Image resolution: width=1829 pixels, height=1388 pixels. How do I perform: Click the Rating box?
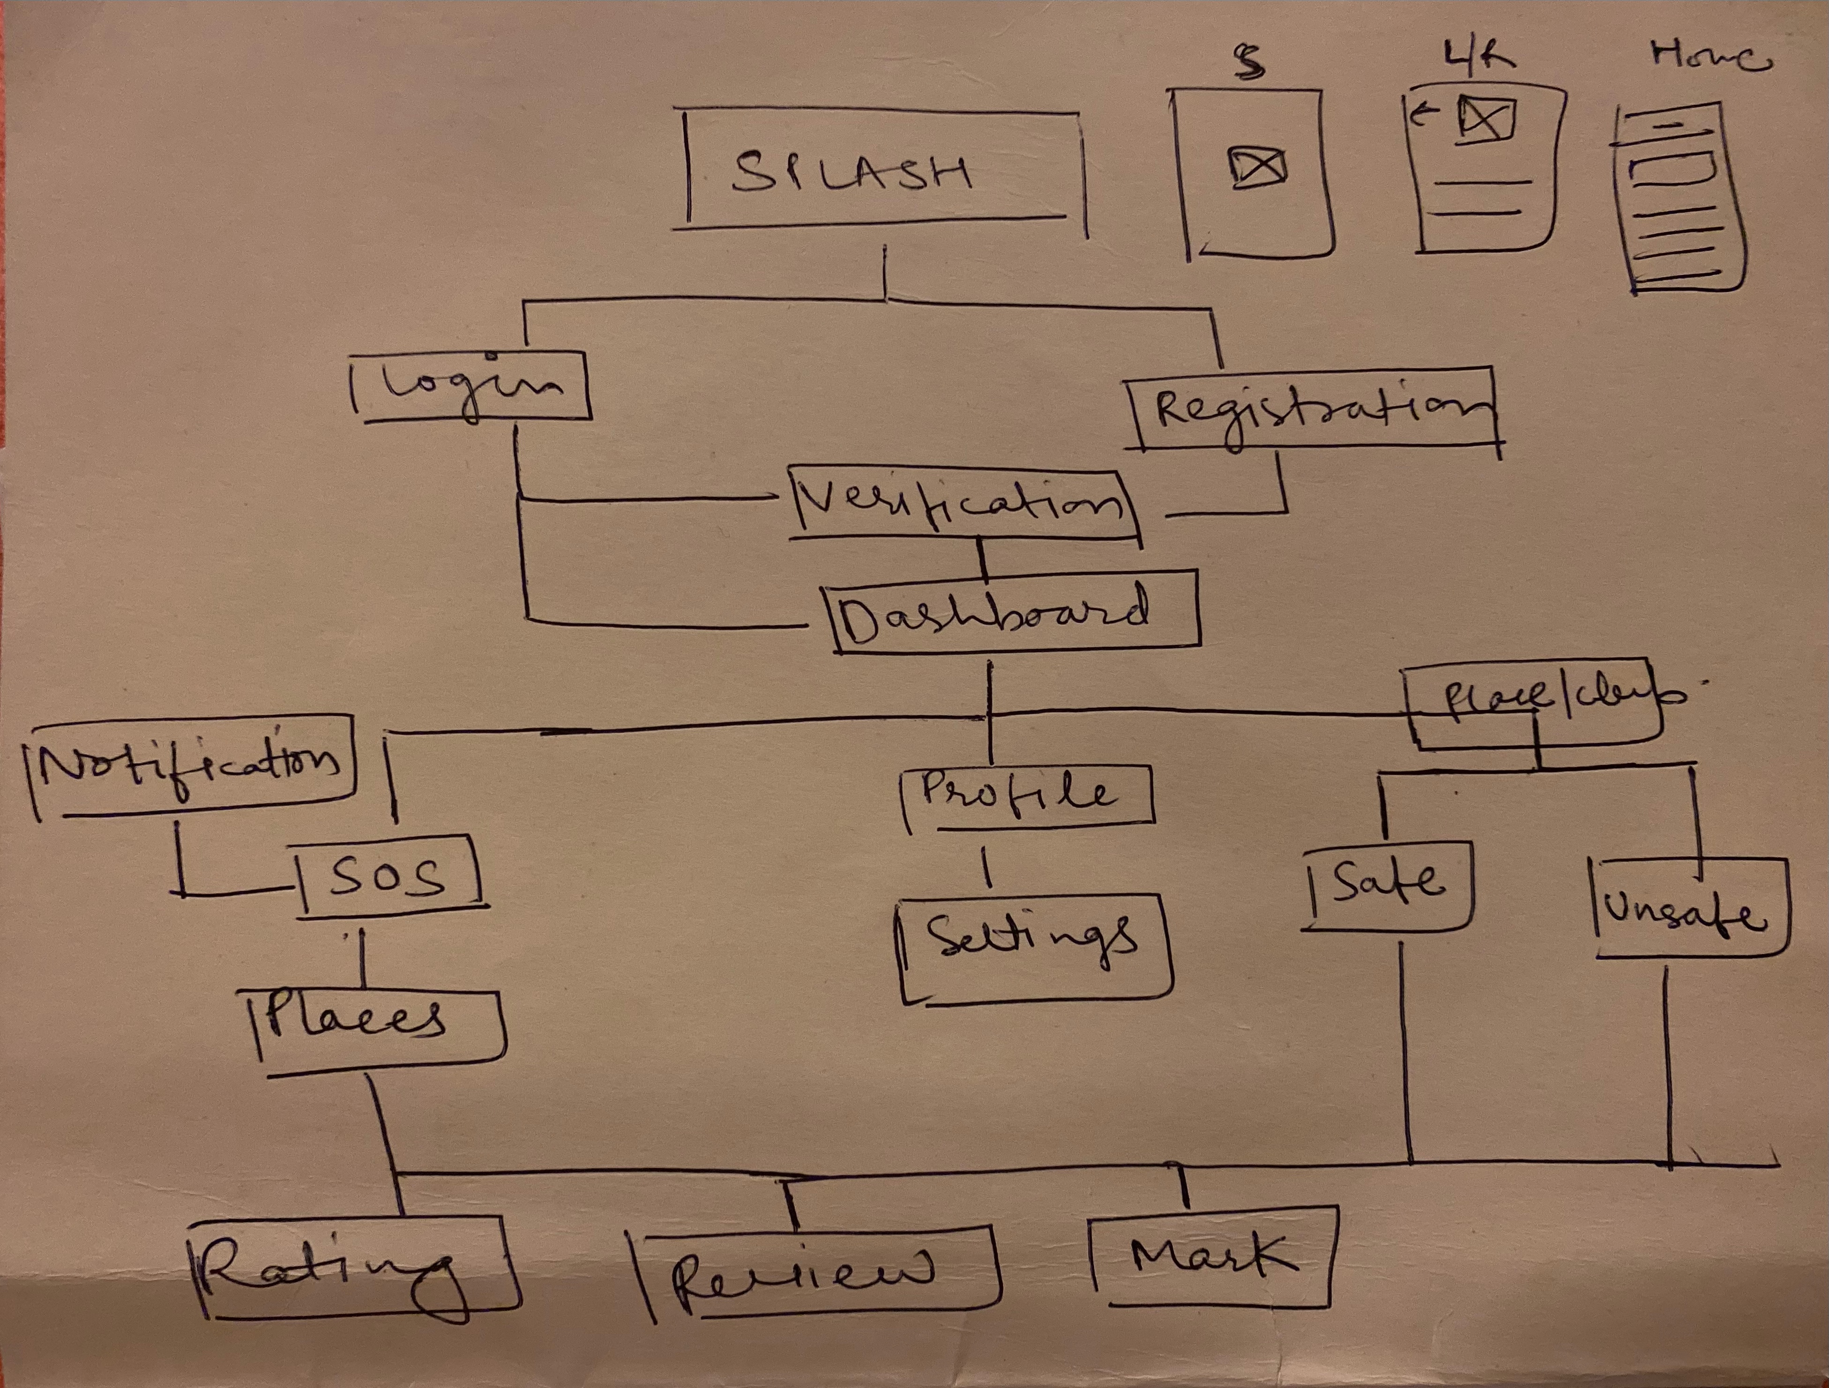[x=351, y=1267]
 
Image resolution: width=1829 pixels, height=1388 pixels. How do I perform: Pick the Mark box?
[x=1211, y=1256]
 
